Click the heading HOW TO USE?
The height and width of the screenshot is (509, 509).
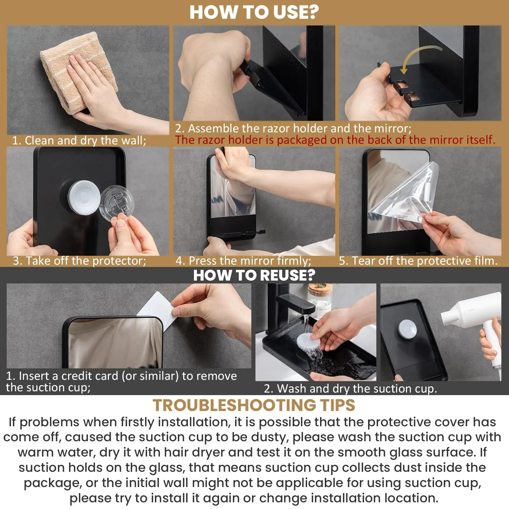click(x=254, y=12)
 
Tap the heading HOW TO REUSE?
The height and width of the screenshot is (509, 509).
click(x=254, y=275)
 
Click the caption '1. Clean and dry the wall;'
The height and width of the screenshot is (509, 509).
click(x=79, y=140)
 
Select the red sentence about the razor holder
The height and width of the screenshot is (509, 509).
click(x=335, y=140)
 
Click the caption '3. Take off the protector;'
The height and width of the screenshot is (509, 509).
click(x=80, y=261)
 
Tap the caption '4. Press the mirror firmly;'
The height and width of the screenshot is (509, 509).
click(x=243, y=261)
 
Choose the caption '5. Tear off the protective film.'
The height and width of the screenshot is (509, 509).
click(x=418, y=261)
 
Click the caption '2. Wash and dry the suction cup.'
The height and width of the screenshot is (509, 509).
click(x=350, y=388)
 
